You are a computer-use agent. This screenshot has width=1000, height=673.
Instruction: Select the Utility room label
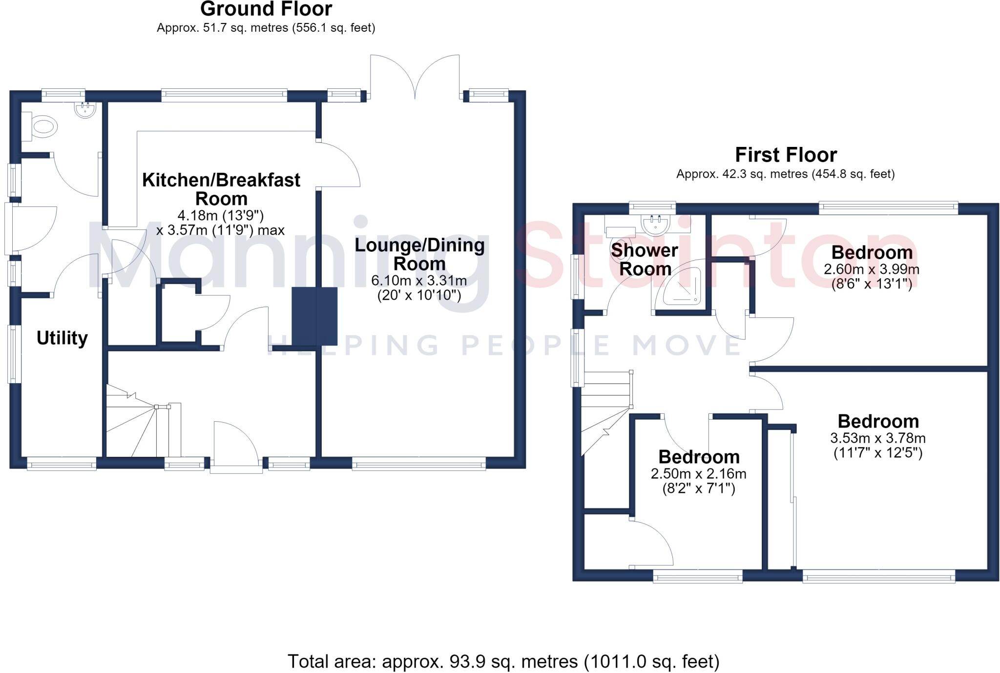tap(62, 338)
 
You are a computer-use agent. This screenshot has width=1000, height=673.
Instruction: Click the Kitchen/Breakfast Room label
tap(221, 189)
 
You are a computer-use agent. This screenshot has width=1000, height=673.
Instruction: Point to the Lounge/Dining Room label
tap(419, 254)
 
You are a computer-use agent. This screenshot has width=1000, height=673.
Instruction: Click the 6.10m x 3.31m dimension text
tap(419, 281)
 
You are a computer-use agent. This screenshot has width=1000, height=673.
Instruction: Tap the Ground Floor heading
tap(266, 9)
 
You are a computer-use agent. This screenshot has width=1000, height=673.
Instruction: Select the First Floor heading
tap(786, 155)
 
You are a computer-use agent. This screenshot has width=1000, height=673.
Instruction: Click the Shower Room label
tap(645, 260)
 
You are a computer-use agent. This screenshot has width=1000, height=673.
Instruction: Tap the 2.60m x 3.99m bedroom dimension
tap(872, 269)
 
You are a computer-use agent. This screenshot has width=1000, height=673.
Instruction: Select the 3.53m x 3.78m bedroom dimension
tap(878, 438)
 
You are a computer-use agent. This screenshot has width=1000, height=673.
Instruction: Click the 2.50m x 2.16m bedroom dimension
tap(698, 474)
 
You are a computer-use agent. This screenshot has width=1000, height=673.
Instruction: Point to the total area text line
tap(503, 662)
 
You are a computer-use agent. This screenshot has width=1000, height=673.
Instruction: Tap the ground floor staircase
tap(144, 421)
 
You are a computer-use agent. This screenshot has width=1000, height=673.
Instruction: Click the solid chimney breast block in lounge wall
tap(315, 316)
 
